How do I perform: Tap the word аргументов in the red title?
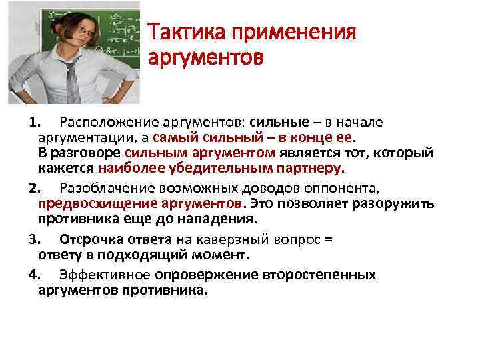(x=206, y=59)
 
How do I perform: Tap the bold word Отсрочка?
(x=87, y=238)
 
